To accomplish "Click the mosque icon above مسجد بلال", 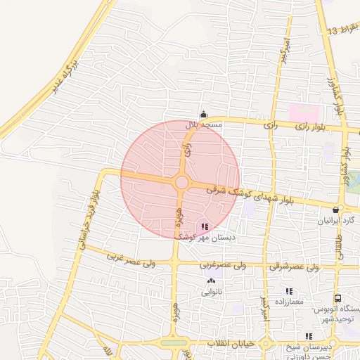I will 203,115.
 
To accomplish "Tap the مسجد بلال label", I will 203,124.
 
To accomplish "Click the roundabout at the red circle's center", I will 181,183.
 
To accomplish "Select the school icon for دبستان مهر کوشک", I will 205,226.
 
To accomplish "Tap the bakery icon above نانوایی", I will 210,281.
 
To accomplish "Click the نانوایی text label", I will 212,291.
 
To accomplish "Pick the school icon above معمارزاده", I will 289,291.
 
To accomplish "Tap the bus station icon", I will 338,299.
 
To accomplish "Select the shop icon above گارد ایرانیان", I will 336,210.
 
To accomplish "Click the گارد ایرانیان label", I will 339,220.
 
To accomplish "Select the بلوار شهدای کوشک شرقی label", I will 258,195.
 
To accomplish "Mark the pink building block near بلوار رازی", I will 303,112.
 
